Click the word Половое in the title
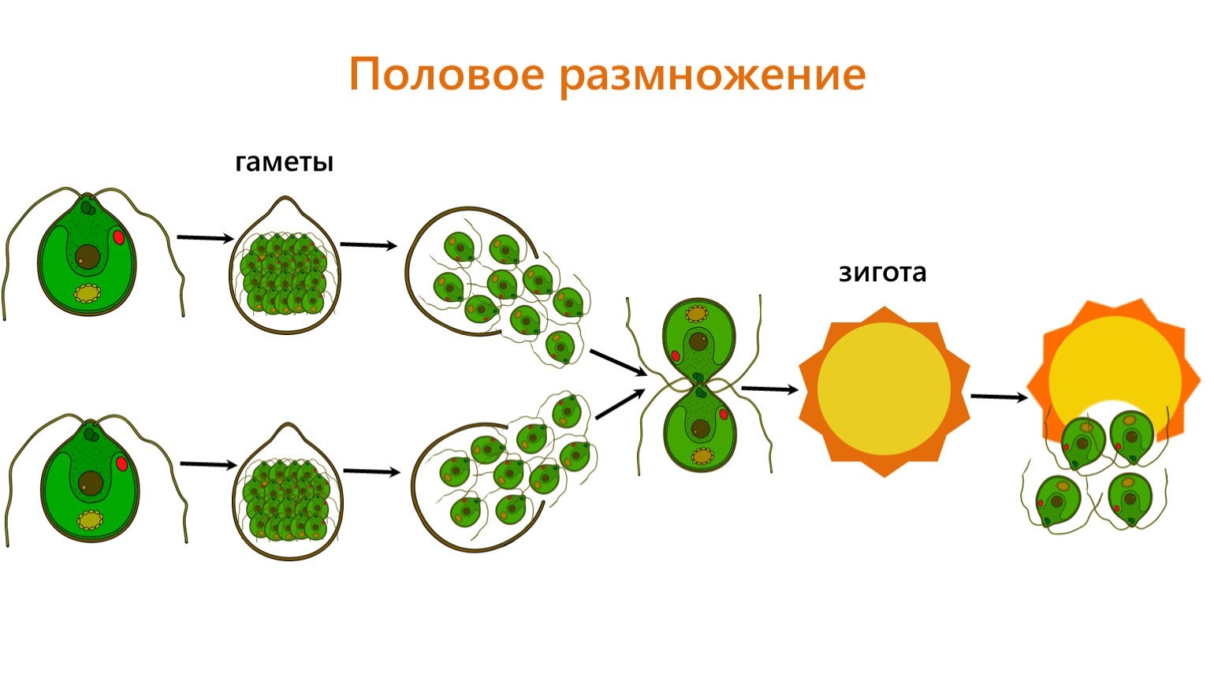[446, 76]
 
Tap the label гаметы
[284, 162]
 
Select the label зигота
[882, 273]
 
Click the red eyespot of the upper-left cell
[119, 236]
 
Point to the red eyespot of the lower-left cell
[122, 463]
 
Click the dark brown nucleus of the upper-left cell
[88, 256]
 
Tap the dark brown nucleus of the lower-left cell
[92, 482]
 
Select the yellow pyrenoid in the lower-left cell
[91, 520]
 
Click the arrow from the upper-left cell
[205, 237]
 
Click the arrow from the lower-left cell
[208, 464]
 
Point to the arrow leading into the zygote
[769, 389]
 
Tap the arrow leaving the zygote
[998, 396]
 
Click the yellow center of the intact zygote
[883, 389]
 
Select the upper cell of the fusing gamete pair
[698, 336]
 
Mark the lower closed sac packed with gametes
[288, 495]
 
